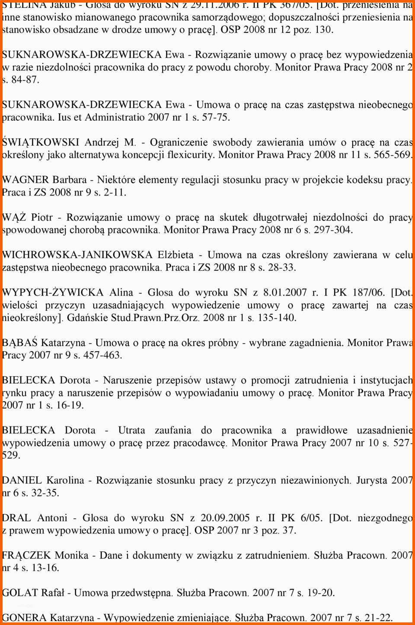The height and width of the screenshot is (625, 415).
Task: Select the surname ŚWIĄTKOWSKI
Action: [x=41, y=142]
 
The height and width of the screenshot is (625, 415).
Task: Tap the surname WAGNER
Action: [x=26, y=180]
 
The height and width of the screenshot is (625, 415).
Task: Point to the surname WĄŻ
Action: [x=14, y=218]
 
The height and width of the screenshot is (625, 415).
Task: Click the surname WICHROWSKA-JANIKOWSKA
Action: [x=77, y=255]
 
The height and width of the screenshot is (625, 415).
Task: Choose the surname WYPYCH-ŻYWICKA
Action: [x=53, y=293]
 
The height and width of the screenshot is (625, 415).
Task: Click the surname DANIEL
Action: [x=22, y=480]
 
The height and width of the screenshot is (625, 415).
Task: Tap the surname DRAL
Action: [x=16, y=518]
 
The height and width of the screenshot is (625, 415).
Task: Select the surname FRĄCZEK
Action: [x=26, y=556]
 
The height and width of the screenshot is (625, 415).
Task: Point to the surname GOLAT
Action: [x=20, y=593]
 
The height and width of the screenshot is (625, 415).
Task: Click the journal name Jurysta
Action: [x=372, y=480]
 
